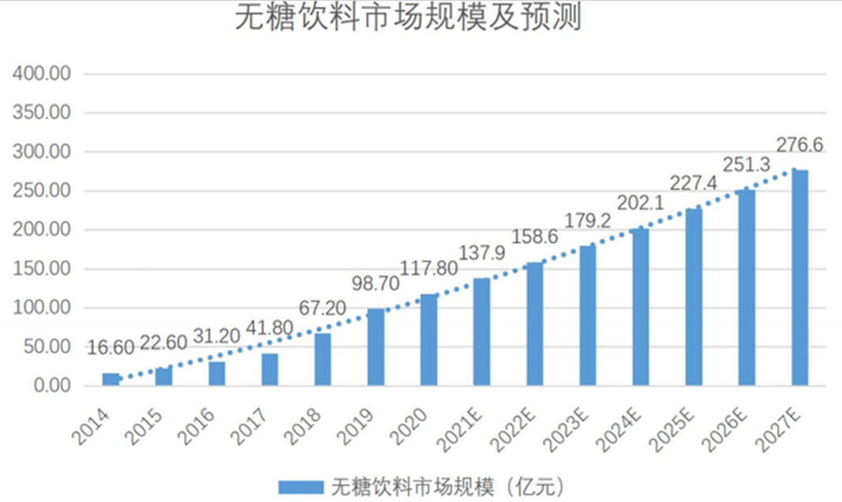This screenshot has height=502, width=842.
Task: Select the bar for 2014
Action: coord(110,380)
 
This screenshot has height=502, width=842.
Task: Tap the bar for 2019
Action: coord(376,347)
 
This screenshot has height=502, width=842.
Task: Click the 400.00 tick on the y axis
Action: coord(43,74)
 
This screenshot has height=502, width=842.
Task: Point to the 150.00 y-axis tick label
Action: coord(43,269)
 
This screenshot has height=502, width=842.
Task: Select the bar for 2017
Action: coord(270,369)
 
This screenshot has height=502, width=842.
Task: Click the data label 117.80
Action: coord(429,268)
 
